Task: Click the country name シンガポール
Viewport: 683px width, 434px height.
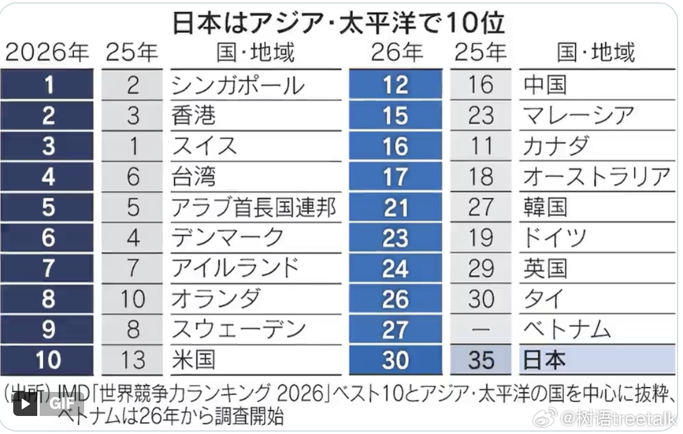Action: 238,85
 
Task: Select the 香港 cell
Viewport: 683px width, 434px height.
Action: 194,115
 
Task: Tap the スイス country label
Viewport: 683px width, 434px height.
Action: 204,146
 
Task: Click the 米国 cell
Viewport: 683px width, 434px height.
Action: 194,360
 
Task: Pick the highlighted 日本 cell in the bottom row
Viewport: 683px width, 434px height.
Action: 597,360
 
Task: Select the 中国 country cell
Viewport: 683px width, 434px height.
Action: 545,85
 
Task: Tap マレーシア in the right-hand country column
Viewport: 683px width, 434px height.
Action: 578,115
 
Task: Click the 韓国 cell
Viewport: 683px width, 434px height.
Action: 545,207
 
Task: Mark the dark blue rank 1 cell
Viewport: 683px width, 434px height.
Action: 47,84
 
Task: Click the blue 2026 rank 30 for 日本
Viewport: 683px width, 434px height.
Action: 396,360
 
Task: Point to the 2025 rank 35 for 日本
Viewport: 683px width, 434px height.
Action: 480,360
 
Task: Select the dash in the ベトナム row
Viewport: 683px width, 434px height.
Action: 480,329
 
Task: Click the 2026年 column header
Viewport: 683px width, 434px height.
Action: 47,53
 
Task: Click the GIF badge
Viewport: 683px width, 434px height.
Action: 60,403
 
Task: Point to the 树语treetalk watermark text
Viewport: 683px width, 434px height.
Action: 619,418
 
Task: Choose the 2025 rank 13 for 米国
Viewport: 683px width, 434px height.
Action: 132,360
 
